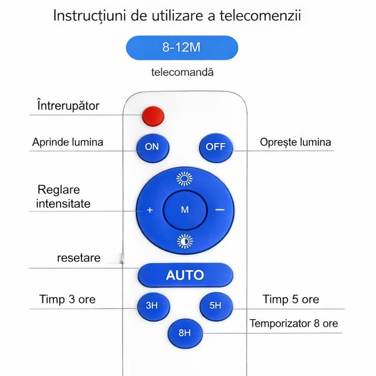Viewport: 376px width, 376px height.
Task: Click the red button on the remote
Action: point(153,116)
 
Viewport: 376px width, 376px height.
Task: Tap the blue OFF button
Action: point(216,147)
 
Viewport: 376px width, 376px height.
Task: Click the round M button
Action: point(185,210)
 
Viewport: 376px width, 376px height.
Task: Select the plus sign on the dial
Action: point(150,210)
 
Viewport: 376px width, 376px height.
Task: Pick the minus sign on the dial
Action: point(220,210)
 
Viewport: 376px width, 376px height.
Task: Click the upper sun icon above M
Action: point(184,178)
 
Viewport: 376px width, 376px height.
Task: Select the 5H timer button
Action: point(216,305)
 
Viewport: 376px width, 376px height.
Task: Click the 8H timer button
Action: point(185,333)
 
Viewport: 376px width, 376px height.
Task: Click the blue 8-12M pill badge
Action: point(182,48)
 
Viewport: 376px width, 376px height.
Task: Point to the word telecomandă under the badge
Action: point(182,72)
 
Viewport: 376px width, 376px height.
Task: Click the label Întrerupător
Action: point(68,106)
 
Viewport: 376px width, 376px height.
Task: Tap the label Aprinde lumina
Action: point(68,142)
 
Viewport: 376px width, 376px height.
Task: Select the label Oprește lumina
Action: point(295,142)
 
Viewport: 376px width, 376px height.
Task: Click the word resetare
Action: point(79,258)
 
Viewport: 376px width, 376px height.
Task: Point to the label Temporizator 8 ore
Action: point(294,323)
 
